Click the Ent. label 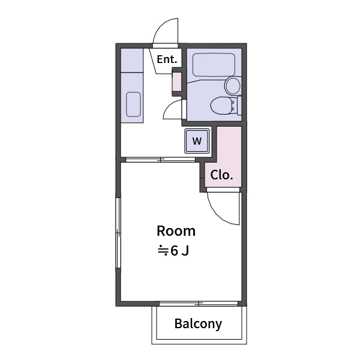(x=167, y=59)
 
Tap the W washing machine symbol (x=197, y=142)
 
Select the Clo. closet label (x=221, y=176)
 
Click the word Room (x=176, y=231)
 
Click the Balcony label (x=198, y=324)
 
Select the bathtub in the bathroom (x=213, y=64)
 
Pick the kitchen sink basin (x=133, y=104)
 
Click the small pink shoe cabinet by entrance (x=176, y=83)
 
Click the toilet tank (x=239, y=106)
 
